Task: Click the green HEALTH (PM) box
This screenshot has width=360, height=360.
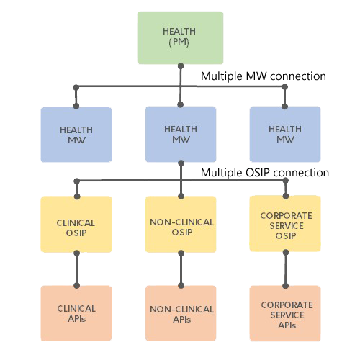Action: pos(180,37)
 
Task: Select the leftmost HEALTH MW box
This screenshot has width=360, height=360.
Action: pos(76,135)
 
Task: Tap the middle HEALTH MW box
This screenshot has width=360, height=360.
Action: pos(181,134)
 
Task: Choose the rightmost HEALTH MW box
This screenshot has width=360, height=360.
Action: pos(285,134)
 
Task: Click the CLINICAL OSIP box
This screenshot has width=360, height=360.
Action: pos(76,224)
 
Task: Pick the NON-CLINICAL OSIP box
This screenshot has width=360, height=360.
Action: pos(181,224)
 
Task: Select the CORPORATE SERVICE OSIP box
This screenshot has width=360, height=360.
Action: pos(285,223)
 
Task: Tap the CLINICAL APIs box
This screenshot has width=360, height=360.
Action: pos(76,313)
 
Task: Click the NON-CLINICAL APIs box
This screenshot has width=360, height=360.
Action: pos(181,313)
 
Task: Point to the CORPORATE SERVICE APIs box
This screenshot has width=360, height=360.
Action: pos(285,313)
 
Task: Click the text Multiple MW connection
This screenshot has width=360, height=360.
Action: pos(264,76)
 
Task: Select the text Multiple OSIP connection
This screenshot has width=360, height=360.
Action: pos(265,173)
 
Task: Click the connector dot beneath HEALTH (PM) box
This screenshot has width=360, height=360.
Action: pos(181,66)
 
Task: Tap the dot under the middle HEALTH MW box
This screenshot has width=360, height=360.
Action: pos(181,163)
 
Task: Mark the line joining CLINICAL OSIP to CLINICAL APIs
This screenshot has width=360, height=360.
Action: pos(77,269)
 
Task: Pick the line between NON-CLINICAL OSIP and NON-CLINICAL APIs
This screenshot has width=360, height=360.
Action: pos(181,269)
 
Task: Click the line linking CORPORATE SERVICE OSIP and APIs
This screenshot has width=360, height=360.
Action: pos(286,269)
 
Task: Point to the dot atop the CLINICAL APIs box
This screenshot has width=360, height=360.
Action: pos(77,286)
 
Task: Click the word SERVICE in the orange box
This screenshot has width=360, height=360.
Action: pos(287,315)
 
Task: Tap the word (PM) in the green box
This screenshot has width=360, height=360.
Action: pos(179,42)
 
